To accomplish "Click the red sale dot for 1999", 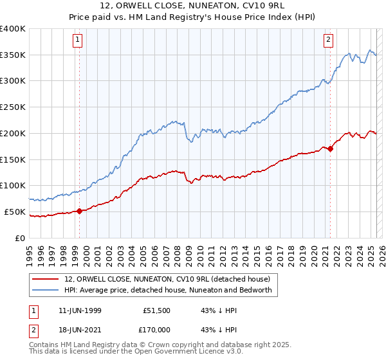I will pyautogui.click(x=80, y=210).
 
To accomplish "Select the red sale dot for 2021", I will pyautogui.click(x=331, y=148).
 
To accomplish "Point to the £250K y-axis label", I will pyautogui.click(x=13, y=107).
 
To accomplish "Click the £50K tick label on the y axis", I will pyautogui.click(x=15, y=212).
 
